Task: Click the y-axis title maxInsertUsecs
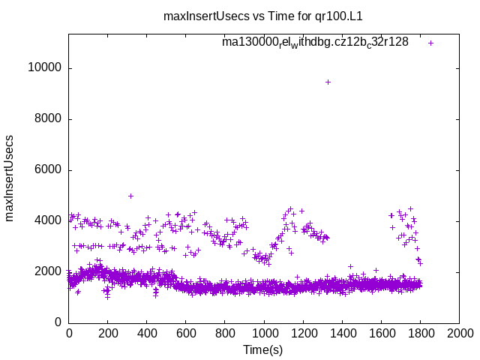10,178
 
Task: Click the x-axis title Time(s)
264,349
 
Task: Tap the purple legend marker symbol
430,43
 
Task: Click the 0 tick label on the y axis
58,322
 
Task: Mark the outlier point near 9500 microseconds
328,82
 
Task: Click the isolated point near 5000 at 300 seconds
130,196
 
